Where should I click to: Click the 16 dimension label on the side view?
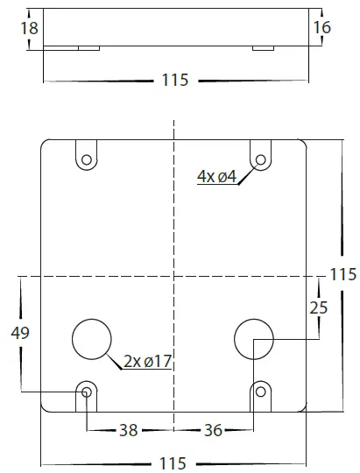pos(321,28)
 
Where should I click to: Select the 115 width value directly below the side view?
pos(175,81)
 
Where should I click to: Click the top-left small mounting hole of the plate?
pos(86,159)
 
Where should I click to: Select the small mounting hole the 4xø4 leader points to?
pos(260,159)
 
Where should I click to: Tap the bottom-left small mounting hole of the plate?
pos(86,391)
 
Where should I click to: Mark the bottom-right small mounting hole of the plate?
pos(260,391)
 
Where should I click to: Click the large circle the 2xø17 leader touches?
pos(92,339)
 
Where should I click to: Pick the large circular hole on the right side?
pos(255,338)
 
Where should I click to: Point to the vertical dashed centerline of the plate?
pos(174,219)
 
